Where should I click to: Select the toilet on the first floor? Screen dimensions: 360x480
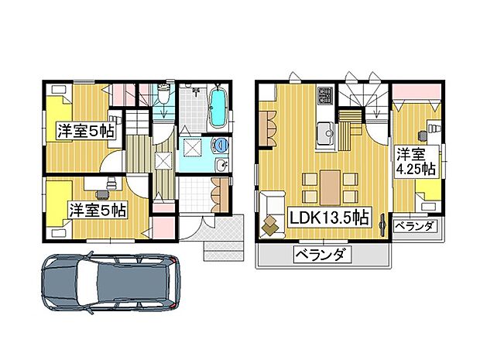pos(163,101)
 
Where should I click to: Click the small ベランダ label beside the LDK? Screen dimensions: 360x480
pos(416,226)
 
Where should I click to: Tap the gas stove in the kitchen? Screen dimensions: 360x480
pos(324,97)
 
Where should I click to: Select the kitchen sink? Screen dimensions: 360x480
pos(325,131)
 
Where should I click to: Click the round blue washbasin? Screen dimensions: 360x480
pos(221,144)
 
